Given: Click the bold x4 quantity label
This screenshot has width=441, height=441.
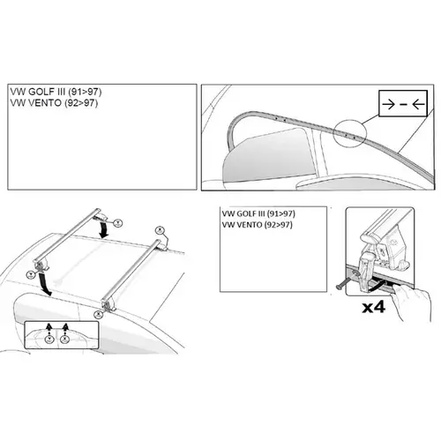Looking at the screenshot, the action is click(x=373, y=307).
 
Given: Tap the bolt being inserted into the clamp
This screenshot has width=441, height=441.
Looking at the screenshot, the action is click(x=343, y=284).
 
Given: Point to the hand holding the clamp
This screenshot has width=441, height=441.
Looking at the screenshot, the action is click(x=412, y=302).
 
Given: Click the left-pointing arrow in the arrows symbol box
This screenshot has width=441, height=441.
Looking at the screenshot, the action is click(x=418, y=104).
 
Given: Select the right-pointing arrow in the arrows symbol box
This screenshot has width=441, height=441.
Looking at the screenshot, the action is click(x=388, y=104).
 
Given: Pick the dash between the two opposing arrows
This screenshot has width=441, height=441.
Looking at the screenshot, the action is click(x=404, y=104).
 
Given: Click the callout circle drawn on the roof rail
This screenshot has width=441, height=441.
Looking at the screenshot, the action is click(x=350, y=133).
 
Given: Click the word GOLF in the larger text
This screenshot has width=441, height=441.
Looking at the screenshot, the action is click(x=41, y=92).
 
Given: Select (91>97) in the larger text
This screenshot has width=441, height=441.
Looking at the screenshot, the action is click(x=85, y=92).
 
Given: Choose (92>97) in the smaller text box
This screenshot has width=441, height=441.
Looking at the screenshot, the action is click(x=278, y=225).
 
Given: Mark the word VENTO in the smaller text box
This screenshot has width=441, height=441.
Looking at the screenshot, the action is click(x=250, y=225).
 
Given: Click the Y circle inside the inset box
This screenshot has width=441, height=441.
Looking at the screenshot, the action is click(x=49, y=340).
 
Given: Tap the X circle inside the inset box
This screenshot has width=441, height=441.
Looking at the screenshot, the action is click(x=64, y=340).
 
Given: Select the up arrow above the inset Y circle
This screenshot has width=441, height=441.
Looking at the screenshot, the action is click(x=49, y=328).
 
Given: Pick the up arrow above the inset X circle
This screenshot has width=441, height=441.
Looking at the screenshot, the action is click(x=65, y=328).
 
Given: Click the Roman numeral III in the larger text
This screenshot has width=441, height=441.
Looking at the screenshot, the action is click(x=61, y=92).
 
